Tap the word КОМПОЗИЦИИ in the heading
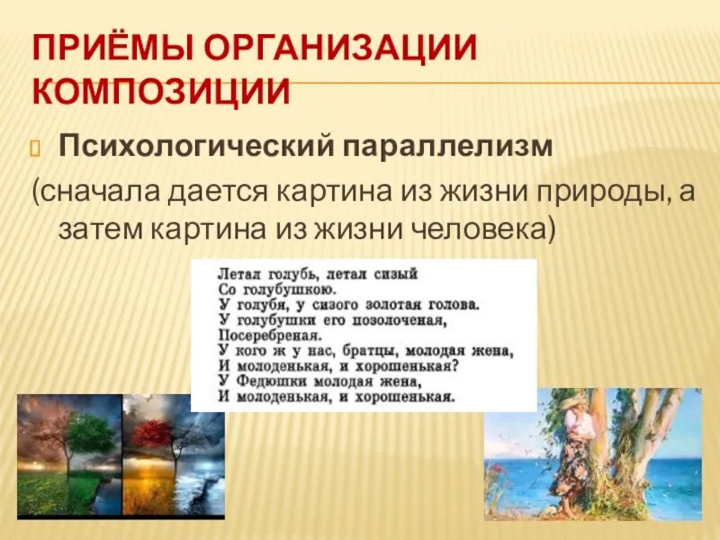[162, 91]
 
